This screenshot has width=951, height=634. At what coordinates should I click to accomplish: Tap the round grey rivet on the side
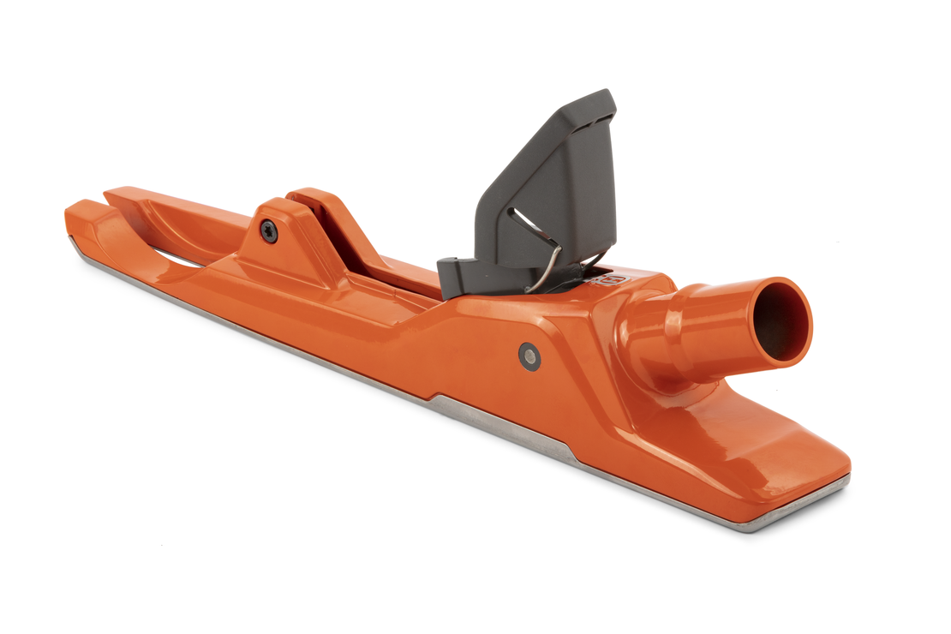(529, 355)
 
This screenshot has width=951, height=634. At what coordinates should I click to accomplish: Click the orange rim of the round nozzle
(805, 300)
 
